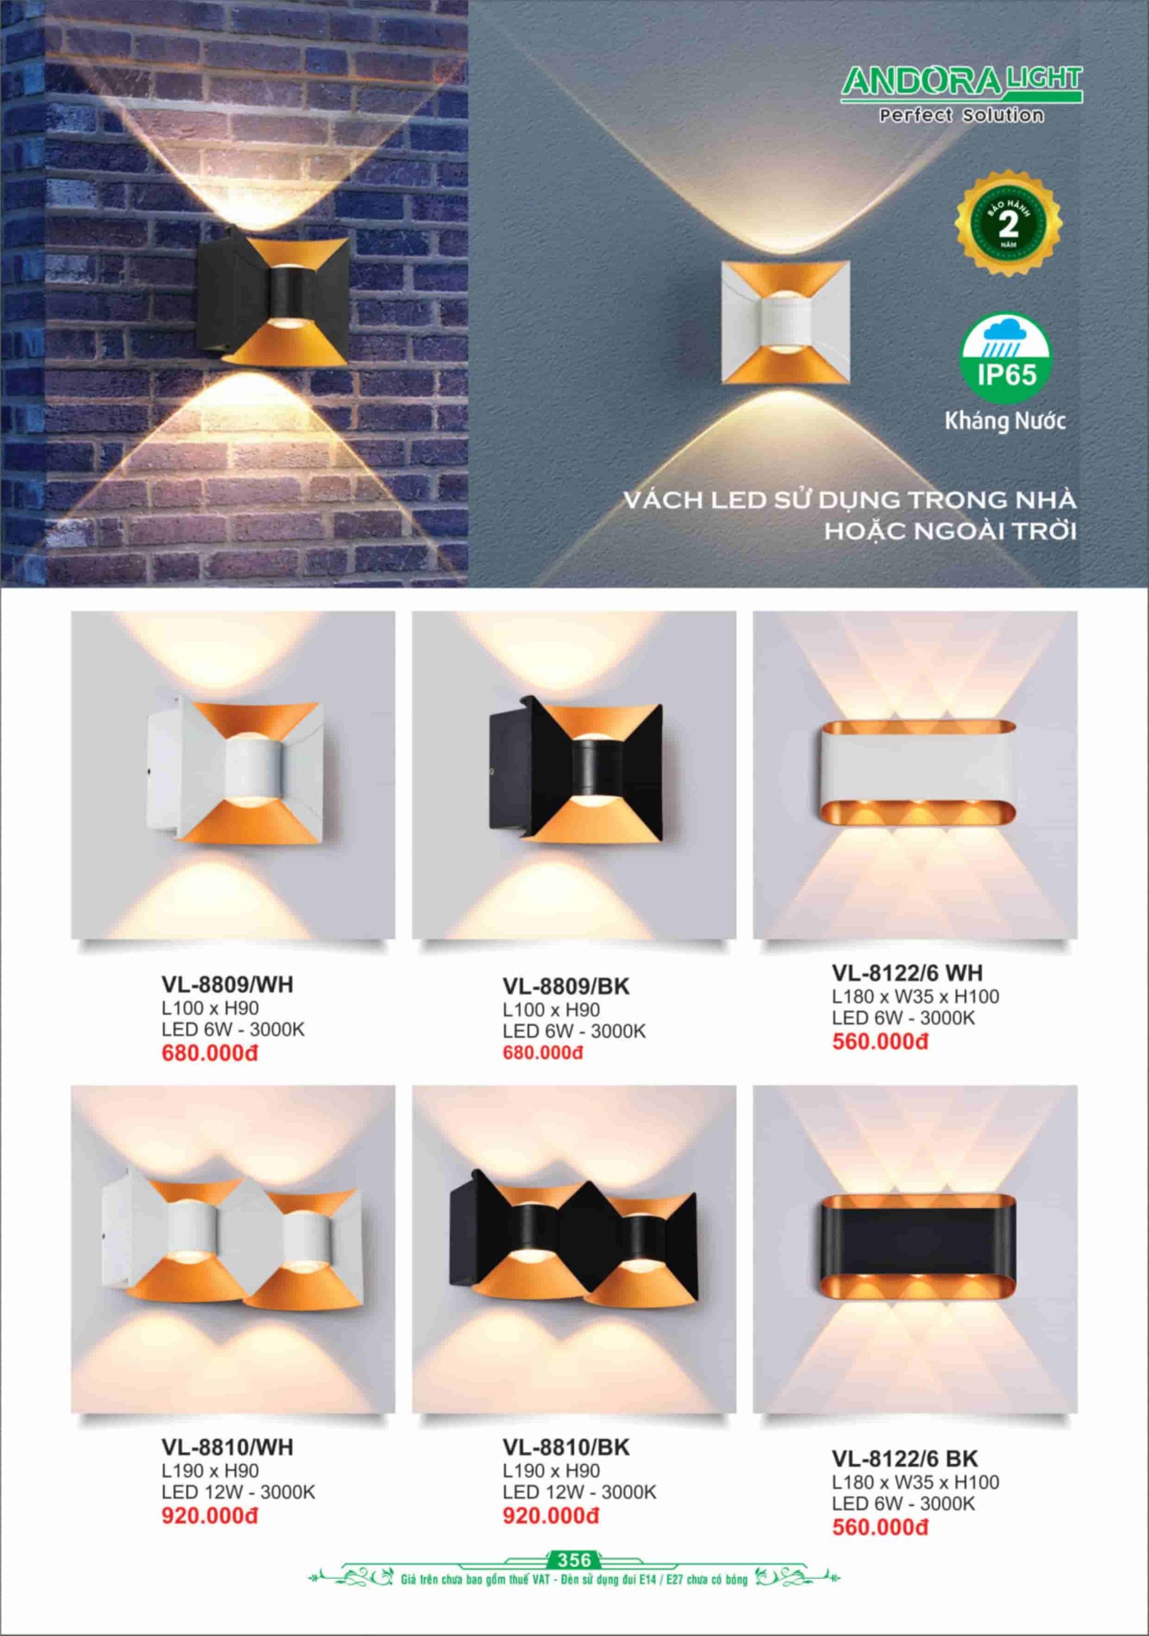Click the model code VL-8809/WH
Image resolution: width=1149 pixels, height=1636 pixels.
[227, 985]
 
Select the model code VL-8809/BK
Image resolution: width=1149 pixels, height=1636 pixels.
[566, 986]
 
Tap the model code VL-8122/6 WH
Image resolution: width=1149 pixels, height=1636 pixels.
[907, 973]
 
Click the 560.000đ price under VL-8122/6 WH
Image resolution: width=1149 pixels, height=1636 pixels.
[880, 1042]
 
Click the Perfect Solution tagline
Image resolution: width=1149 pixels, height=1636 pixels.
[962, 115]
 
